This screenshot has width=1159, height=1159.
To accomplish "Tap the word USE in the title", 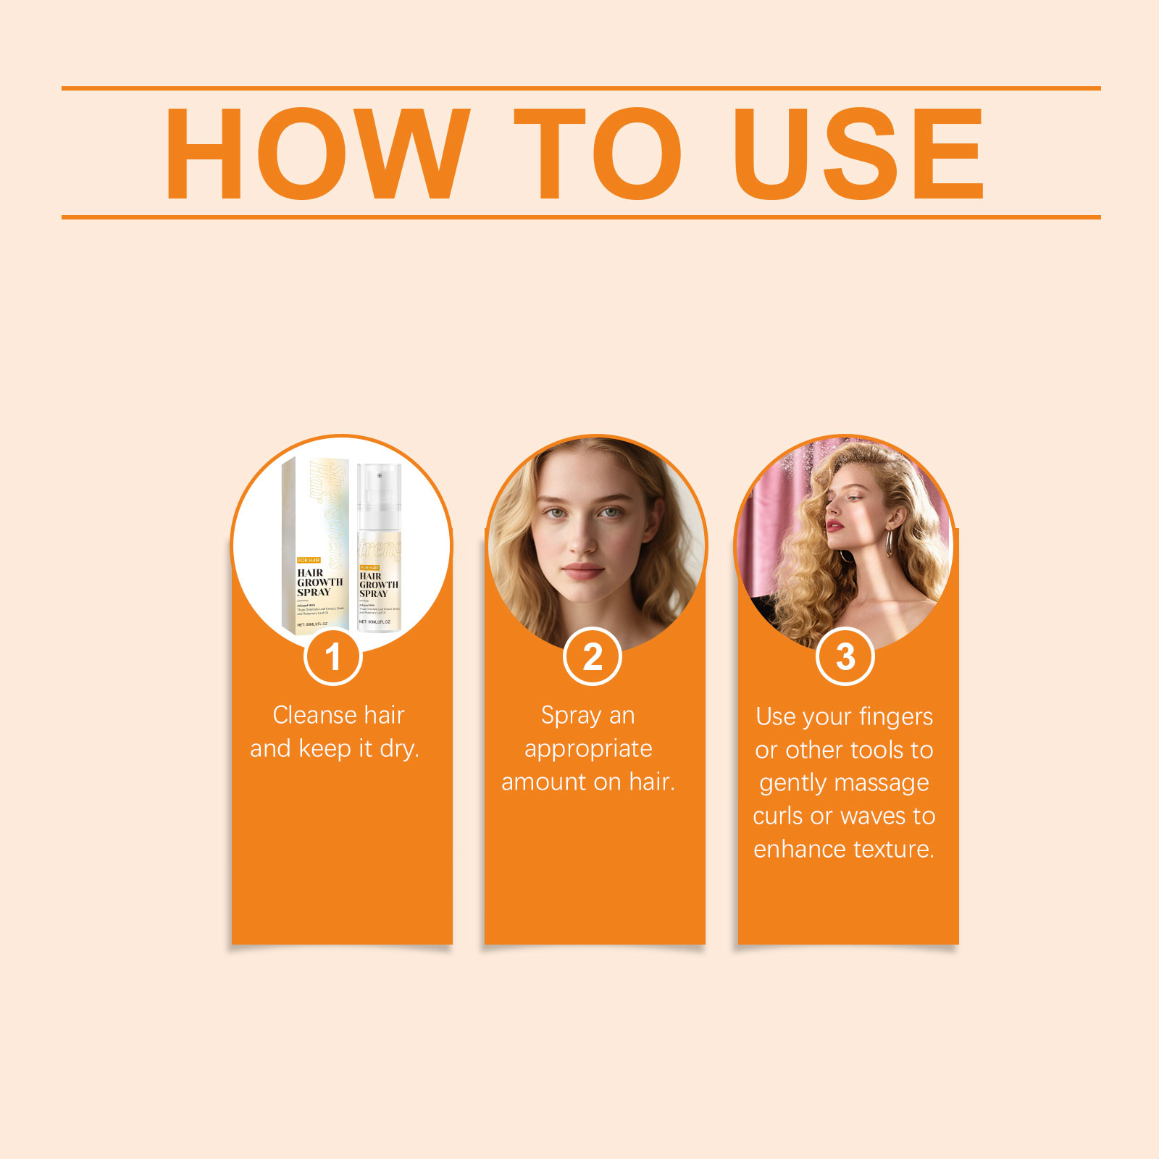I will (858, 154).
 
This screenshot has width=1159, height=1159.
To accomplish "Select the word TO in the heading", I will (597, 154).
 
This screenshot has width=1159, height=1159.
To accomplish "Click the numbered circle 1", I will (332, 657).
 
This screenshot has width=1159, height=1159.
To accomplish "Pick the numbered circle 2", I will (593, 657).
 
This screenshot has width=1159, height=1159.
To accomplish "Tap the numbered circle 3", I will (845, 657).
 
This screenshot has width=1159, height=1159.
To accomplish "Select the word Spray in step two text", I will (571, 716).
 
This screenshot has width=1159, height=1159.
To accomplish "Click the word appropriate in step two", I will (588, 749).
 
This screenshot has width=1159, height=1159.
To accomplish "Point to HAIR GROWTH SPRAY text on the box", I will (319, 582).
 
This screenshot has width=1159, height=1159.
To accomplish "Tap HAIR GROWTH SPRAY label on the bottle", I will (378, 585).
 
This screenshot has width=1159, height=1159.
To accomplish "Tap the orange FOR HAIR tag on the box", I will (309, 560).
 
